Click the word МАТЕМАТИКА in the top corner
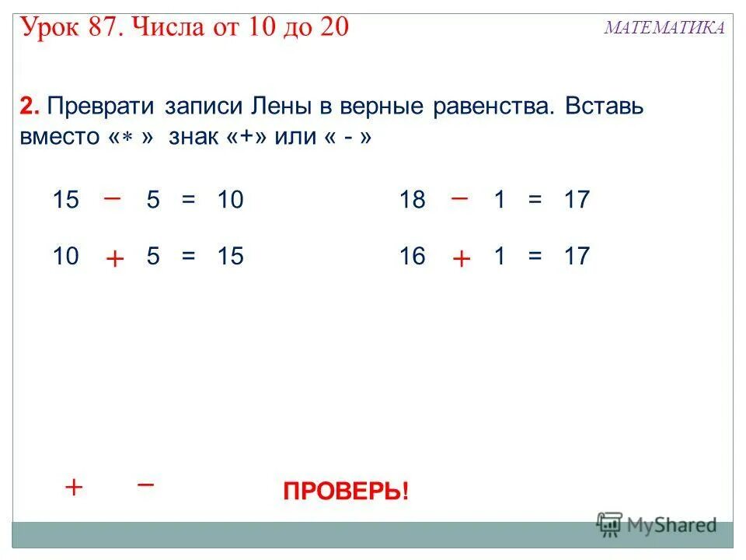(664, 28)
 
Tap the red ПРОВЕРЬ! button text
(345, 492)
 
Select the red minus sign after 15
(112, 198)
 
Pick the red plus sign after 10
(114, 259)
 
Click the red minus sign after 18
(459, 198)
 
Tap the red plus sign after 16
(461, 259)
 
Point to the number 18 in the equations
(412, 201)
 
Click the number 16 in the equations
(412, 257)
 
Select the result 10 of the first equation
(231, 201)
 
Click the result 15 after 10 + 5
(231, 257)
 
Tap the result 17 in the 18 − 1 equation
(577, 201)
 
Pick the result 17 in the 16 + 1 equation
(577, 257)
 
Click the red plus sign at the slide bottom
(74, 488)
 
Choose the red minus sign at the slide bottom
(145, 483)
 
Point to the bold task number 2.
(28, 106)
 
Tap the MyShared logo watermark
(657, 525)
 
